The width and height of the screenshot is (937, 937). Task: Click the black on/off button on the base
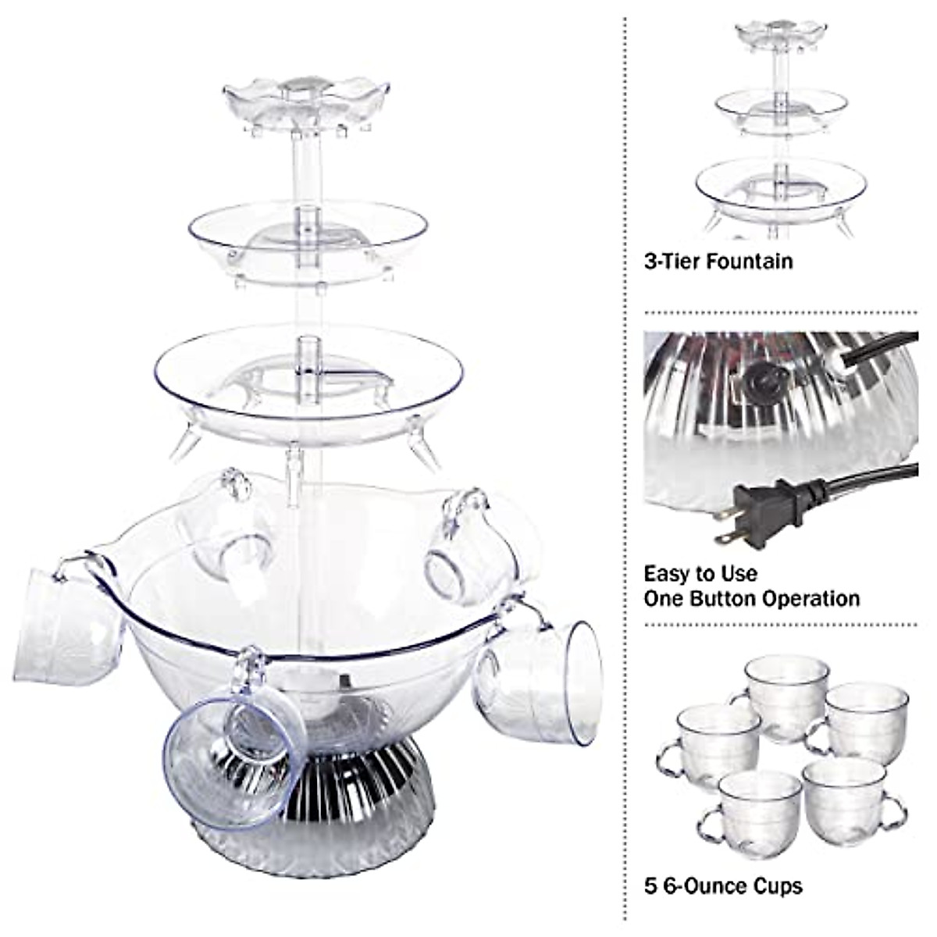[756, 381]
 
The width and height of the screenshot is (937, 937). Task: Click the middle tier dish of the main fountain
[307, 234]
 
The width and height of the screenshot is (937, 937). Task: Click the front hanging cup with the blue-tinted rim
[234, 754]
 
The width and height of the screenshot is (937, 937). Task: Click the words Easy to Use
[700, 574]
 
